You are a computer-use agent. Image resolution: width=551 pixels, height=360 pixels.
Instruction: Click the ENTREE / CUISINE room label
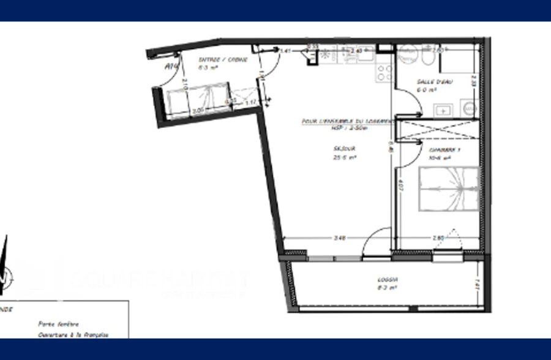pyautogui.click(x=223, y=60)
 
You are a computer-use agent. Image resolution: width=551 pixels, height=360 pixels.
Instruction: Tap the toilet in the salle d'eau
pyautogui.click(x=428, y=58)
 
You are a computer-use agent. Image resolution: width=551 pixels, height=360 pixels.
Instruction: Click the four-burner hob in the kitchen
pyautogui.click(x=384, y=73)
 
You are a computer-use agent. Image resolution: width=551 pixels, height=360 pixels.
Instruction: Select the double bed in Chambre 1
pyautogui.click(x=448, y=189)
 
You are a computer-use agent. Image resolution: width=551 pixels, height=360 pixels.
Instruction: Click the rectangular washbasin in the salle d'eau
pyautogui.click(x=443, y=110)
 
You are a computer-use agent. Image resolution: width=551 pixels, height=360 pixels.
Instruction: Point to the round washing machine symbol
pyautogui.click(x=470, y=108)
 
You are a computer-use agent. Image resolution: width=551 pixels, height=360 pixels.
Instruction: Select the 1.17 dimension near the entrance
pyautogui.click(x=251, y=103)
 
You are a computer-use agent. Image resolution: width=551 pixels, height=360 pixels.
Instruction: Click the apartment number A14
pyautogui.click(x=171, y=66)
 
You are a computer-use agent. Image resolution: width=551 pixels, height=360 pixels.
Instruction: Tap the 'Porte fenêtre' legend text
pyautogui.click(x=58, y=324)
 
